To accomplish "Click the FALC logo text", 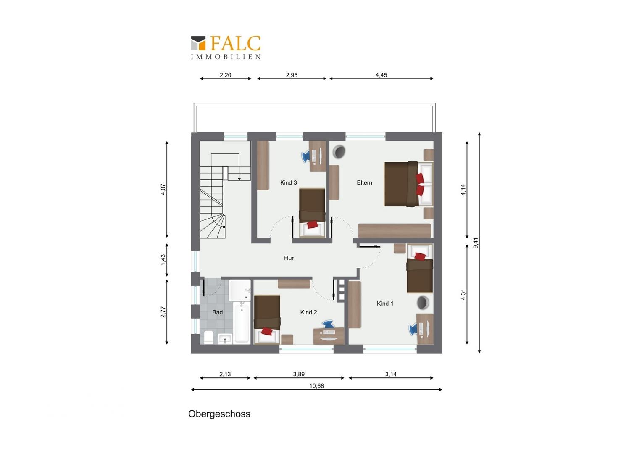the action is (235, 43).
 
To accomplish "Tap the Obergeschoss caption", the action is (219, 414).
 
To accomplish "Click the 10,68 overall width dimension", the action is (316, 386).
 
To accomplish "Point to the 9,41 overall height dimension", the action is (476, 243).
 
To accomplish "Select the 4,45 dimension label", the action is (381, 75).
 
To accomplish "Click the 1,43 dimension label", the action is (163, 260).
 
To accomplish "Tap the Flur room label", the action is (289, 258).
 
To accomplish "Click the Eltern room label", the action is (364, 183).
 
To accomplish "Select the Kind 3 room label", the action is (288, 183).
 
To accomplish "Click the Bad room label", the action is (217, 312).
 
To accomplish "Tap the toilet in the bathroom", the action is (208, 337).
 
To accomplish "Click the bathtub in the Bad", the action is (242, 322).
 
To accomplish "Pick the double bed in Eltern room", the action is (408, 184).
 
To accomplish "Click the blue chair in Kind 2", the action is (329, 324).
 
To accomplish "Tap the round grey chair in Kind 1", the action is (423, 303).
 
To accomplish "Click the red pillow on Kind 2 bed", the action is (267, 331).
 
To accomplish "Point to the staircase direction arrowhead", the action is (239, 179).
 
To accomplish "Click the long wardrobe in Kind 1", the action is (355, 305).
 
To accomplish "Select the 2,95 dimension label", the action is (292, 75).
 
